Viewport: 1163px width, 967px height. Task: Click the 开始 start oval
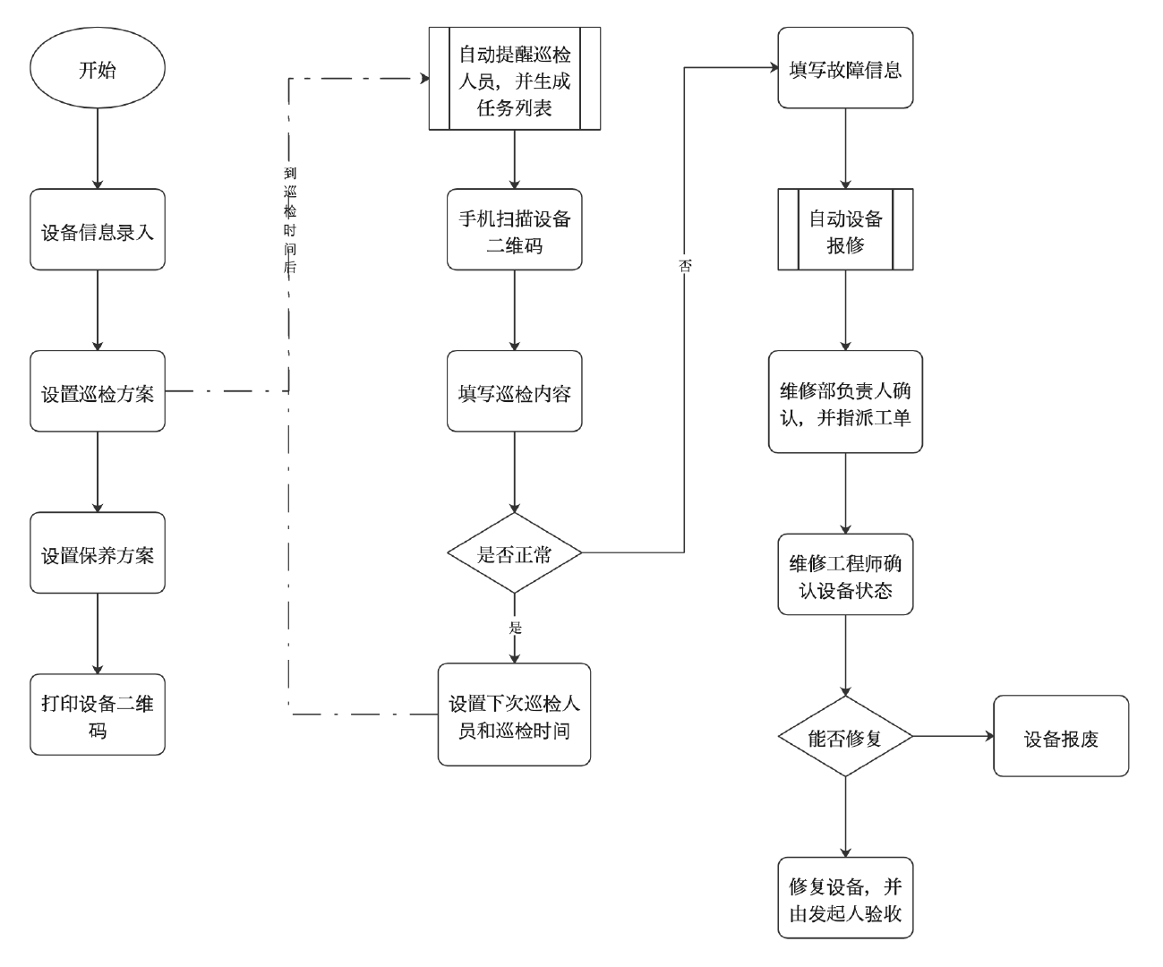[x=98, y=69]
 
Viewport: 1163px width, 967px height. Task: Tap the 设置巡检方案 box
[x=98, y=391]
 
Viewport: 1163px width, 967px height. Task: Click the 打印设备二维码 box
[x=98, y=715]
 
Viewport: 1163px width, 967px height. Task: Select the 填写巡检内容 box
[x=515, y=391]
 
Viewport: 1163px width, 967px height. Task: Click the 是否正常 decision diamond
[x=515, y=553]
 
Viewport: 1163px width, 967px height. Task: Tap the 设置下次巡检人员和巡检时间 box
[x=515, y=715]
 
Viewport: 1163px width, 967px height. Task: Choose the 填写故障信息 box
[x=845, y=68]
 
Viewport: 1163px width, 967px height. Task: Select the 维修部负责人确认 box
[x=845, y=402]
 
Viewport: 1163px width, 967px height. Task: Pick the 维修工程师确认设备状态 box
[x=845, y=575]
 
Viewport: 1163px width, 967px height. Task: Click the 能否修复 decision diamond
[x=845, y=737]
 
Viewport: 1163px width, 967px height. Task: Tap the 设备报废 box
[x=1061, y=736]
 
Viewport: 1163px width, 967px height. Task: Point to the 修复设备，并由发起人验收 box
[x=845, y=898]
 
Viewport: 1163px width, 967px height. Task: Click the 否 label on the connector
[x=685, y=266]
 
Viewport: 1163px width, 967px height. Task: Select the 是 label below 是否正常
[x=515, y=628]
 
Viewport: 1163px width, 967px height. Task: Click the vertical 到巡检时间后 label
[x=290, y=220]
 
